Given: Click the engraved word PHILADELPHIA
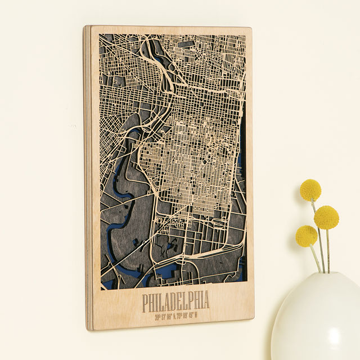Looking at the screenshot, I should click(175, 302).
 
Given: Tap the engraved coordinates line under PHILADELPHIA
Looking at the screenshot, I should click(176, 316).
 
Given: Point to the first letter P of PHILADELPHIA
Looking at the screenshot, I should click(146, 304).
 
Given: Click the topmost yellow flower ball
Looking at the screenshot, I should click(310, 190).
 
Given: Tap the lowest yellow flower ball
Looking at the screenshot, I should click(307, 236).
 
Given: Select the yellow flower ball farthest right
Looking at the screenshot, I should click(326, 217).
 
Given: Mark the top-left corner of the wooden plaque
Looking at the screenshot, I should click(85, 26).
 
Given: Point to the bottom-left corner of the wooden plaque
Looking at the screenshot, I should click(87, 329).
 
